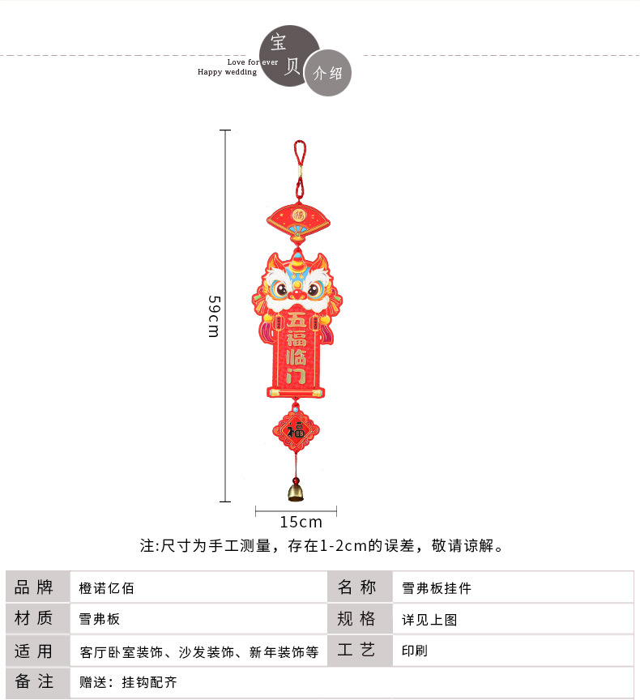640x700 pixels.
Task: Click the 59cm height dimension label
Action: coord(214,317)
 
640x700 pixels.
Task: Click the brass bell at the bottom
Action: coord(297,489)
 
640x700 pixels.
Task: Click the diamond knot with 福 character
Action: coord(297,430)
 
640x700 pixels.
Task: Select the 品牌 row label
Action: coord(34,587)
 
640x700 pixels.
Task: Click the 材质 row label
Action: coord(34,619)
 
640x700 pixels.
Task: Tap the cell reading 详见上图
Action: coord(430,620)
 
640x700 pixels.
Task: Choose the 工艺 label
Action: coord(356,651)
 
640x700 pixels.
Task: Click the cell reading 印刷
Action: coord(415,651)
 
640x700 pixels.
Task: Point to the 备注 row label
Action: coord(34,682)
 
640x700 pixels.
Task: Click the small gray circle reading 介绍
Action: coord(328,74)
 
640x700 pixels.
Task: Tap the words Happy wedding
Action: coord(227,72)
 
